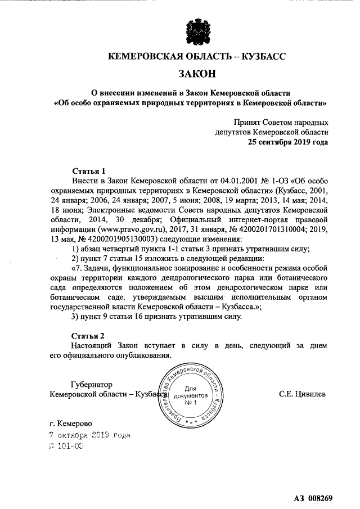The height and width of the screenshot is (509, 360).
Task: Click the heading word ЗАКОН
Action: click(x=197, y=73)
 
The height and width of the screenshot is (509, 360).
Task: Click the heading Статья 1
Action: click(x=89, y=170)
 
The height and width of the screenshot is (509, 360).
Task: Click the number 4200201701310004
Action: click(x=260, y=229)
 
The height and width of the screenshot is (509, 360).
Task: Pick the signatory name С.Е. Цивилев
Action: click(x=302, y=394)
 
